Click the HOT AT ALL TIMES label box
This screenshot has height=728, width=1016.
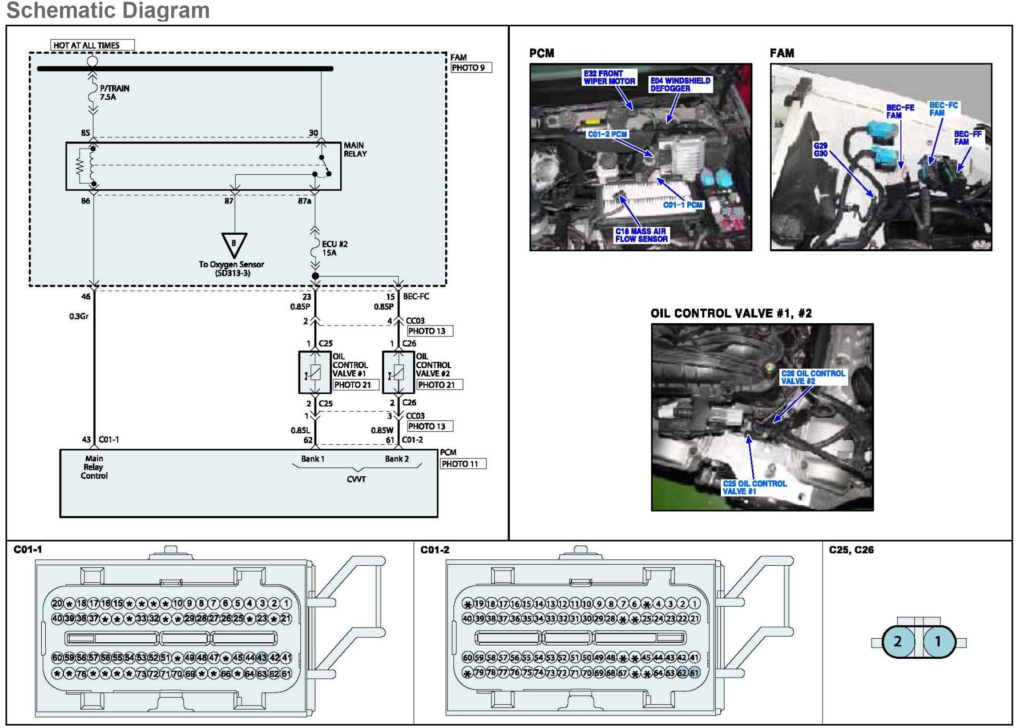pyautogui.click(x=92, y=45)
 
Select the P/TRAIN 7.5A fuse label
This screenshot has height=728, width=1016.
pyautogui.click(x=114, y=92)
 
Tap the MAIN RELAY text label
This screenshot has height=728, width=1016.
pyautogui.click(x=355, y=149)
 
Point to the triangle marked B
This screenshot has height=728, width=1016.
pyautogui.click(x=234, y=244)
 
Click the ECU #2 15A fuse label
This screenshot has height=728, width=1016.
pyautogui.click(x=334, y=248)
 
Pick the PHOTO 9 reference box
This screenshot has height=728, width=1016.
pyautogui.click(x=471, y=68)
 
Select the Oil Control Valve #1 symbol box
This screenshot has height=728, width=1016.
pyautogui.click(x=315, y=372)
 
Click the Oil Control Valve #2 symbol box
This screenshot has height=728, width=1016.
pyautogui.click(x=398, y=372)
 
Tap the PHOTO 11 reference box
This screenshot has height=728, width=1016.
pyautogui.click(x=463, y=464)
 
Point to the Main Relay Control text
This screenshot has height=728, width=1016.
pyautogui.click(x=94, y=467)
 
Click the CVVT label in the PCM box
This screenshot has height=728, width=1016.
pyautogui.click(x=356, y=479)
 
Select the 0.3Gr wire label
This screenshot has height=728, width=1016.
pyautogui.click(x=79, y=316)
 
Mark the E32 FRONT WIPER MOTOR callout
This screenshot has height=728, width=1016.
pyautogui.click(x=609, y=77)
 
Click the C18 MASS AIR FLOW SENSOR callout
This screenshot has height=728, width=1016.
pyautogui.click(x=641, y=235)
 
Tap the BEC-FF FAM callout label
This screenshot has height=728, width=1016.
pyautogui.click(x=967, y=138)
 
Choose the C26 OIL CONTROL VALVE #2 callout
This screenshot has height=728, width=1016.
pyautogui.click(x=812, y=377)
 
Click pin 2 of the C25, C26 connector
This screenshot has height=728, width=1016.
pyautogui.click(x=897, y=641)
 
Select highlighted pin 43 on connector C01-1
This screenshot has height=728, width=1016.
pyautogui.click(x=262, y=657)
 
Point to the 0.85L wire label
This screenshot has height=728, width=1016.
pyautogui.click(x=300, y=430)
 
